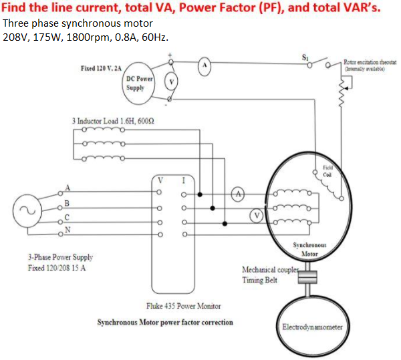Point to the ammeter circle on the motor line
(x=238, y=193)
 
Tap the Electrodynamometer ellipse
(x=312, y=327)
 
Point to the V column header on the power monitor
(x=160, y=179)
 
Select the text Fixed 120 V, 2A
(x=101, y=69)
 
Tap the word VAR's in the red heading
(x=364, y=7)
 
